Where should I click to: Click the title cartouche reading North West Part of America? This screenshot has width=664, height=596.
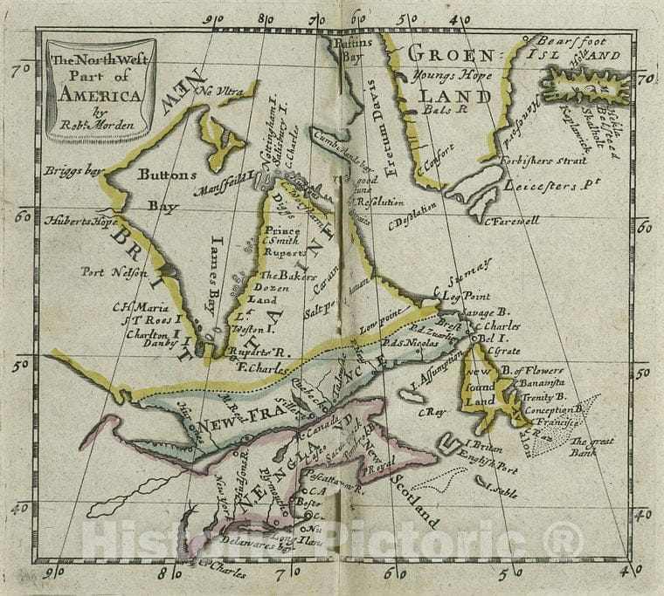pyautogui.click(x=100, y=90)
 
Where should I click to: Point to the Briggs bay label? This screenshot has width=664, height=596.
pyautogui.click(x=70, y=170)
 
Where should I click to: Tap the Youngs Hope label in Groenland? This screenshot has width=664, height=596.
pyautogui.click(x=446, y=74)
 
